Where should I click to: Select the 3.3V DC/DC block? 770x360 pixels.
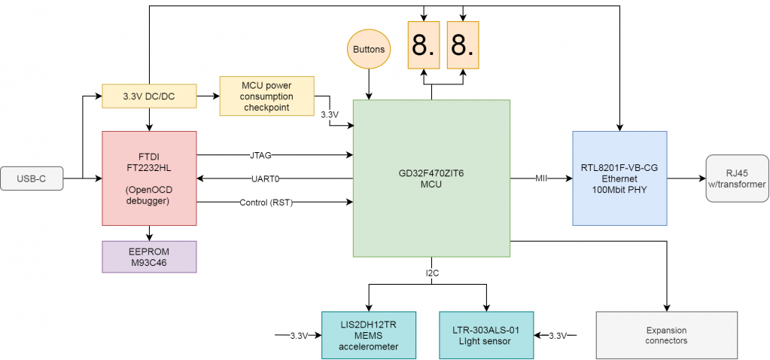point(149,96)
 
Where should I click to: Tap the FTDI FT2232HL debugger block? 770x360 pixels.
point(149,178)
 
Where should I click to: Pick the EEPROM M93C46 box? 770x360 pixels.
point(149,257)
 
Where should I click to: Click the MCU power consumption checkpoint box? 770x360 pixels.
point(266,96)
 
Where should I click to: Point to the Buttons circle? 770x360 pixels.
point(369,50)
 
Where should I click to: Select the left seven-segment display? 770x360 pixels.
point(424,46)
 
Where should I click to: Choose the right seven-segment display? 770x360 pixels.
point(463,46)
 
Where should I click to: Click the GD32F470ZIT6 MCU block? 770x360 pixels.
point(431,178)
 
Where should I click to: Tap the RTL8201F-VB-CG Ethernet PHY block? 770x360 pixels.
point(619,178)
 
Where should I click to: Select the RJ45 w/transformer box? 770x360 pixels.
point(737,178)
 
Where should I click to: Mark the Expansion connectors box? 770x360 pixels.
point(666,335)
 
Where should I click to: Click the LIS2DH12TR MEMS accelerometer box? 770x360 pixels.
point(369,335)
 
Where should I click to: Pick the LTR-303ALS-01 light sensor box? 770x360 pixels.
point(486,335)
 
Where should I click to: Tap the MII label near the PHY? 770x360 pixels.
point(541,178)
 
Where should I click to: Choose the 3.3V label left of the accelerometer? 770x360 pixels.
point(299,335)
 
